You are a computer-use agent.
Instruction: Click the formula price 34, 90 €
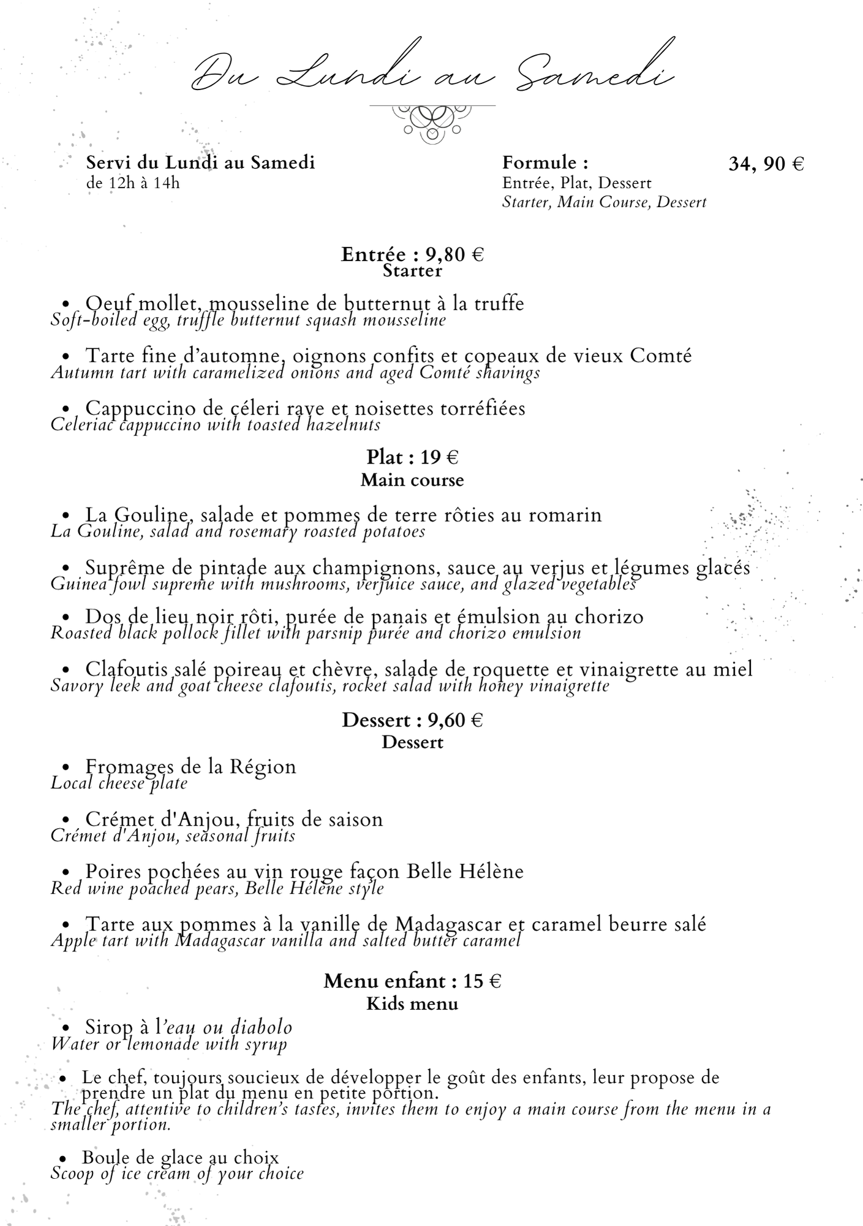(766, 164)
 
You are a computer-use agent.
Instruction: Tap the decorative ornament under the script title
(432, 123)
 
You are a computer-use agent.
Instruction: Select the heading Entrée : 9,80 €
(412, 254)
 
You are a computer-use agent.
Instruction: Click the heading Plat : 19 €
(412, 457)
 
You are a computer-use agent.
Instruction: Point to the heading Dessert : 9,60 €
(412, 720)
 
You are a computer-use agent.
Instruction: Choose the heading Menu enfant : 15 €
(412, 981)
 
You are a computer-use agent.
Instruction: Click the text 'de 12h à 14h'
(133, 183)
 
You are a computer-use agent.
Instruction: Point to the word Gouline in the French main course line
(153, 514)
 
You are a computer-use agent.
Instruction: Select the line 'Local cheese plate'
(119, 783)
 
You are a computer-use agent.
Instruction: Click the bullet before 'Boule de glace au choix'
(62, 1158)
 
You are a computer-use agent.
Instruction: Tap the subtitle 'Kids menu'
(412, 1003)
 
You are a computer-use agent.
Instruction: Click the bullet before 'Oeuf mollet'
(66, 303)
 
